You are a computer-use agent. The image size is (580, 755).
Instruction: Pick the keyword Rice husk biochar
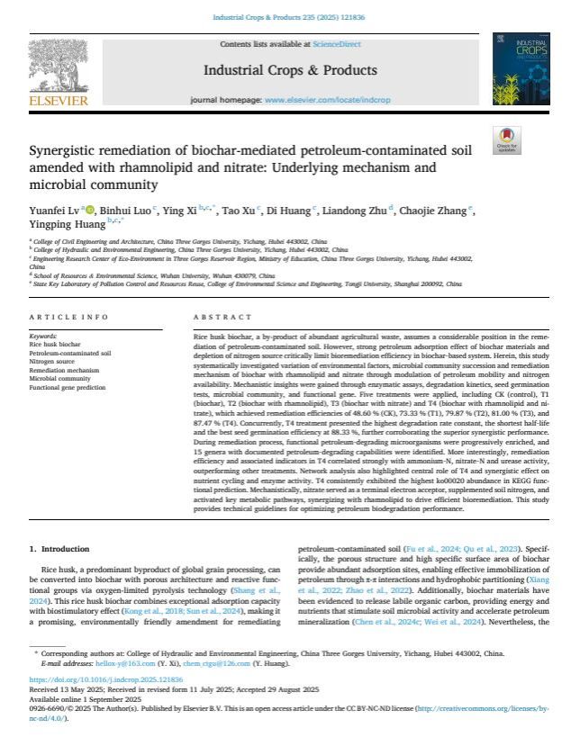(57, 344)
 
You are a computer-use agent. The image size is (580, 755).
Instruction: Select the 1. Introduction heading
(59, 547)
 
